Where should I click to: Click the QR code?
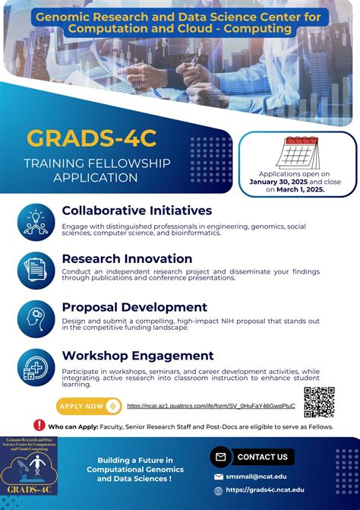[x=319, y=402]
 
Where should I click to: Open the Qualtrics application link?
[x=210, y=407]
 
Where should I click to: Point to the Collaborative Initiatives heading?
[x=137, y=211]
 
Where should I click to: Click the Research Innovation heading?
[x=127, y=258]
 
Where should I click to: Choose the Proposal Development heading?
[x=134, y=307]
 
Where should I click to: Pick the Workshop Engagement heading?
[x=137, y=356]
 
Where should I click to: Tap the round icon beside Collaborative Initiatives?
[x=35, y=220]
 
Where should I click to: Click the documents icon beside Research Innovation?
[x=35, y=268]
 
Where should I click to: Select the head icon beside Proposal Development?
[x=35, y=317]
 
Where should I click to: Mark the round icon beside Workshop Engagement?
[x=35, y=366]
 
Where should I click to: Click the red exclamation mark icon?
[x=39, y=426]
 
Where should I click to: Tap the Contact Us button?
[x=253, y=457]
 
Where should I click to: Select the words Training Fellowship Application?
[x=96, y=170]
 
